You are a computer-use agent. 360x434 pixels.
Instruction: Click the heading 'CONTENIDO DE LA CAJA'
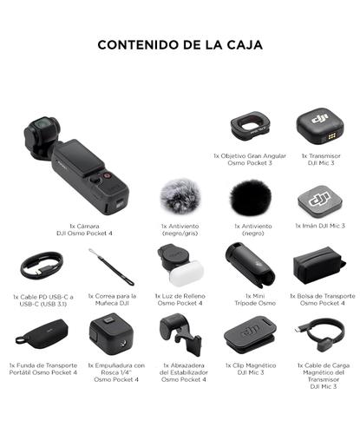click(x=180, y=44)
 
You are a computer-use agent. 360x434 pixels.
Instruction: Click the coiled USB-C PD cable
click(x=43, y=265)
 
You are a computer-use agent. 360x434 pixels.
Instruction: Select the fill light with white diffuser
click(x=180, y=266)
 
